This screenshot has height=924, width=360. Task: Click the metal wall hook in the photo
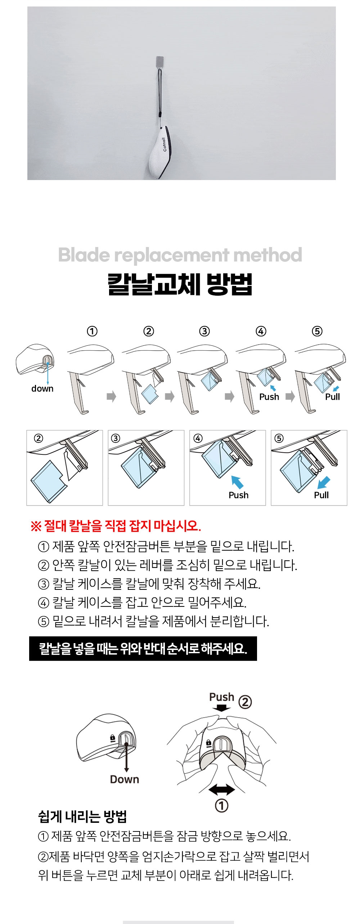tap(160, 62)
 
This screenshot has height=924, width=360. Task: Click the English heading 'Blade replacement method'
tap(180, 255)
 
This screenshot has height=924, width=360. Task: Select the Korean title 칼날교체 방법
tap(180, 284)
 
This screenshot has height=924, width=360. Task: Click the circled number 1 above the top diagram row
tap(92, 331)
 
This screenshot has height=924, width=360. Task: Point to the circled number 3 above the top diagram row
tap(204, 331)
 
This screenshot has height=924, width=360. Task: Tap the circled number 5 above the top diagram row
tap(317, 331)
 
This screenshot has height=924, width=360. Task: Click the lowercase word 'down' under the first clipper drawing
tap(42, 389)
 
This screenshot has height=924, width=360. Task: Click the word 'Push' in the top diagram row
tap(269, 397)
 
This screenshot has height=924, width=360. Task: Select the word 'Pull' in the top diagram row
tap(333, 397)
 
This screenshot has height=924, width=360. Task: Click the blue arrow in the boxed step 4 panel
tap(237, 482)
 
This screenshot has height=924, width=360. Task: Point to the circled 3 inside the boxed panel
tap(116, 438)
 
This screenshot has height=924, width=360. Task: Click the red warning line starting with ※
tap(116, 526)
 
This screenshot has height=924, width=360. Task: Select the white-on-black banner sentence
tap(143, 649)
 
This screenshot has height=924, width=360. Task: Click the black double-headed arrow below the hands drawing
tap(222, 790)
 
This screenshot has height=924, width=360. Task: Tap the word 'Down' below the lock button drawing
tap(125, 779)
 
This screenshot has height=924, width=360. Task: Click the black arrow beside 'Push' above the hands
tap(221, 708)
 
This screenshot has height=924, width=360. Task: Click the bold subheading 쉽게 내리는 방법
tap(82, 817)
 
